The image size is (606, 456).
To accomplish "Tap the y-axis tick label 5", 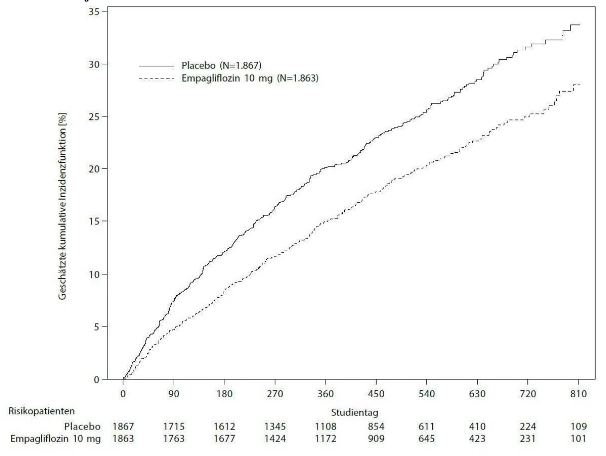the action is pyautogui.click(x=97, y=327).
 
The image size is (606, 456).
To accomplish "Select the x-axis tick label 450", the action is pyautogui.click(x=376, y=394).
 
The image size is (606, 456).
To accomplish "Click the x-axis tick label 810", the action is pyautogui.click(x=579, y=394).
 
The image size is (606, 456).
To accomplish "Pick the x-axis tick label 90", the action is pyautogui.click(x=174, y=394).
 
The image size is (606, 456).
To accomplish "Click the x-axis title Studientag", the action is pyautogui.click(x=354, y=413).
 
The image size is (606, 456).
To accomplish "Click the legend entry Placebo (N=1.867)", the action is pyautogui.click(x=221, y=65).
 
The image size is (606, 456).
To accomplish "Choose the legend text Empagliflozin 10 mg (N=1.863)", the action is pyautogui.click(x=250, y=78).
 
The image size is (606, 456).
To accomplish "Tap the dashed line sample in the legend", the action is pyautogui.click(x=156, y=79).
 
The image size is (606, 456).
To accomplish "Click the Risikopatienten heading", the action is pyautogui.click(x=42, y=411).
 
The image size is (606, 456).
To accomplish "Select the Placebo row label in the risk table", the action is pyautogui.click(x=82, y=427).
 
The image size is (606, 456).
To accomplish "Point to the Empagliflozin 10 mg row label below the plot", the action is pyautogui.click(x=56, y=439).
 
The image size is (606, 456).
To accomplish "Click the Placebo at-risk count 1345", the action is pyautogui.click(x=275, y=427).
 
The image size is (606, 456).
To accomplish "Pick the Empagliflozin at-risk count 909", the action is pyautogui.click(x=376, y=439).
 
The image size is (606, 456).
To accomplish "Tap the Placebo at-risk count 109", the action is pyautogui.click(x=579, y=427).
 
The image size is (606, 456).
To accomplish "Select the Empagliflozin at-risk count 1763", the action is pyautogui.click(x=174, y=439).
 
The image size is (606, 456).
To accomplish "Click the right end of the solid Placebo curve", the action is pyautogui.click(x=580, y=25).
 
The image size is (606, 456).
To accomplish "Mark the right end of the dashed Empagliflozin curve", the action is pyautogui.click(x=580, y=85).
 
